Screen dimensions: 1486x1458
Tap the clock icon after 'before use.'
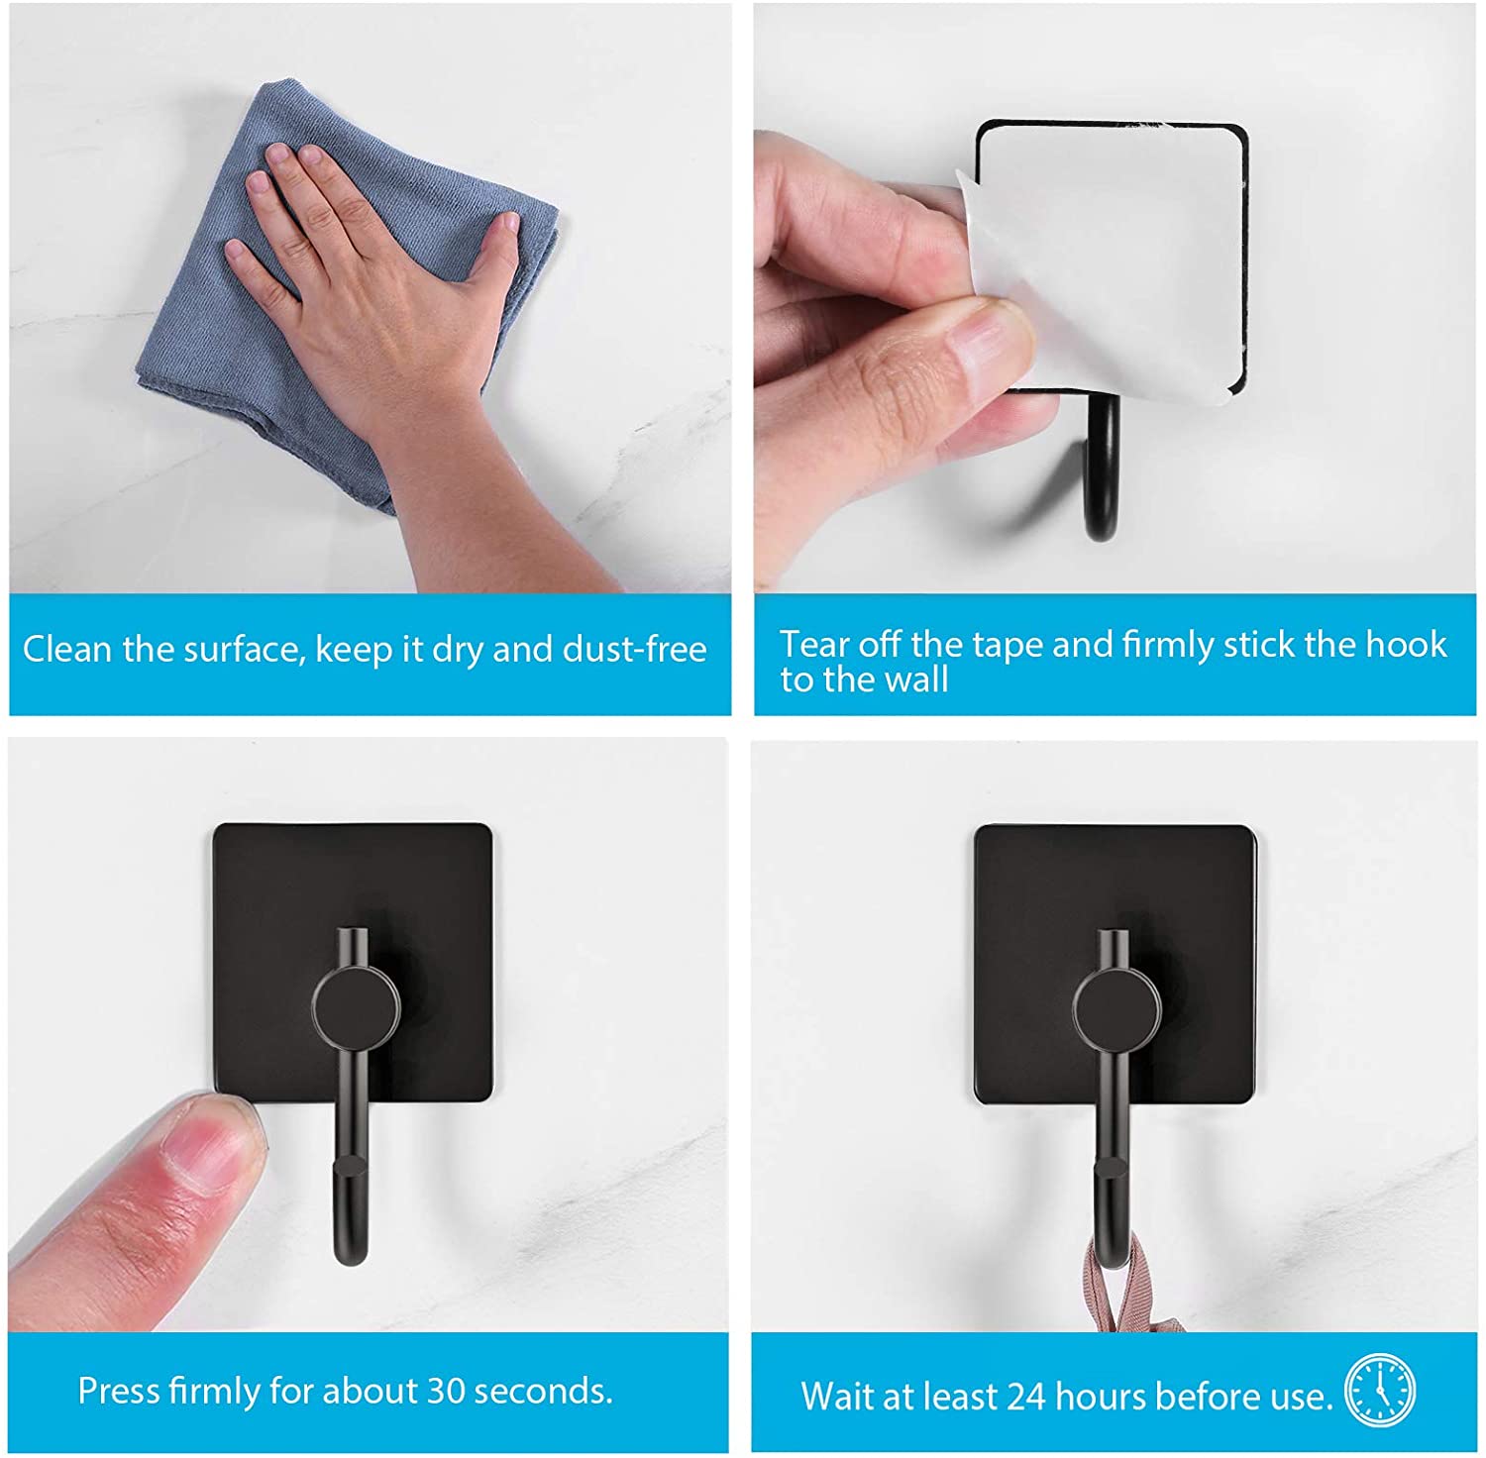pyautogui.click(x=1380, y=1391)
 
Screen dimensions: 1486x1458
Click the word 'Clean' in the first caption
pyautogui.click(x=67, y=649)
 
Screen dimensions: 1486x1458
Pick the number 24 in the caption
pyautogui.click(x=1025, y=1397)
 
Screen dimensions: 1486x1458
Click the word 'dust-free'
pyautogui.click(x=635, y=649)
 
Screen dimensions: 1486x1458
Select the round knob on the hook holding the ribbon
pyautogui.click(x=1116, y=1008)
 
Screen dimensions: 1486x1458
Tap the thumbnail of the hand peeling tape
pyautogui.click(x=991, y=342)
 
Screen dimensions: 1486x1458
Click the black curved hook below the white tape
pyautogui.click(x=1103, y=466)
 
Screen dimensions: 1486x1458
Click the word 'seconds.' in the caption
pyautogui.click(x=544, y=1391)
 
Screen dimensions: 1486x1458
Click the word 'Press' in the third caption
pyautogui.click(x=119, y=1391)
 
